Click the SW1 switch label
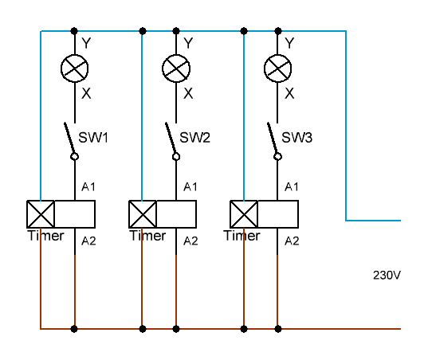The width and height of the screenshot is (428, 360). tap(93, 138)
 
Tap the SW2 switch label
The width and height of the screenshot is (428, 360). tap(195, 138)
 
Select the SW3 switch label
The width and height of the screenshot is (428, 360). tap(296, 138)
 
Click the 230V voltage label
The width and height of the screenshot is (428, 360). tap(387, 276)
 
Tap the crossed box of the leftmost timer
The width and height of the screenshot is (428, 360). tap(41, 214)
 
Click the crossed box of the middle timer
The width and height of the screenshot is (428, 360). tap(143, 214)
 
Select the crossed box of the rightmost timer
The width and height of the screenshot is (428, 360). tap(244, 214)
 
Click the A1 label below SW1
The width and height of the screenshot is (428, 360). tap(88, 187)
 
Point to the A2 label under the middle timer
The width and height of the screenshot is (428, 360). tap(190, 241)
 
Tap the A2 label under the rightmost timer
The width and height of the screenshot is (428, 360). tap(292, 241)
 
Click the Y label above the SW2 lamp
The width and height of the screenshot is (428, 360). tap(188, 43)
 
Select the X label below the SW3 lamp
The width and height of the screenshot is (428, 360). tap(289, 93)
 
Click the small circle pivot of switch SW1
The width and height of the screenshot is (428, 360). tap(74, 157)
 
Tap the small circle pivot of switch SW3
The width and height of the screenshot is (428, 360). tap(277, 157)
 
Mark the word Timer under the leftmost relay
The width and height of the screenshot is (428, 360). tap(46, 236)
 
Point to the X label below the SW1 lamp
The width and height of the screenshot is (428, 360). tap(86, 93)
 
